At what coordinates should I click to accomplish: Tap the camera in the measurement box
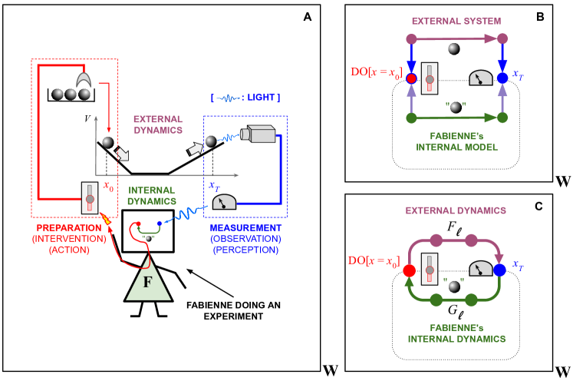[258, 134]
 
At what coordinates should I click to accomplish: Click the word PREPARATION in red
[69, 228]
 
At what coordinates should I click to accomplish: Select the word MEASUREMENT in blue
[245, 228]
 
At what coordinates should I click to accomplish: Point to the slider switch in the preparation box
[90, 197]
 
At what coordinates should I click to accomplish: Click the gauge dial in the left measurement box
[224, 203]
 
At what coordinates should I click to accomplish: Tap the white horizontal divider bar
[443, 189]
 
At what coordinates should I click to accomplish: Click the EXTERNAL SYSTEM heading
[456, 21]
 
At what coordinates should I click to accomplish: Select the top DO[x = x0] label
[376, 72]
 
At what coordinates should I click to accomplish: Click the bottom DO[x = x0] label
[374, 260]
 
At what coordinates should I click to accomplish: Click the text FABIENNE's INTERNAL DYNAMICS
[456, 333]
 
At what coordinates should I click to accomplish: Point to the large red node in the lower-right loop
[409, 270]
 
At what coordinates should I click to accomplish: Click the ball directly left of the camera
[210, 141]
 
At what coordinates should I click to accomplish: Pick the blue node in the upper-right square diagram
[502, 78]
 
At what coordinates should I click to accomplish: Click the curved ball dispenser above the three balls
[84, 79]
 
